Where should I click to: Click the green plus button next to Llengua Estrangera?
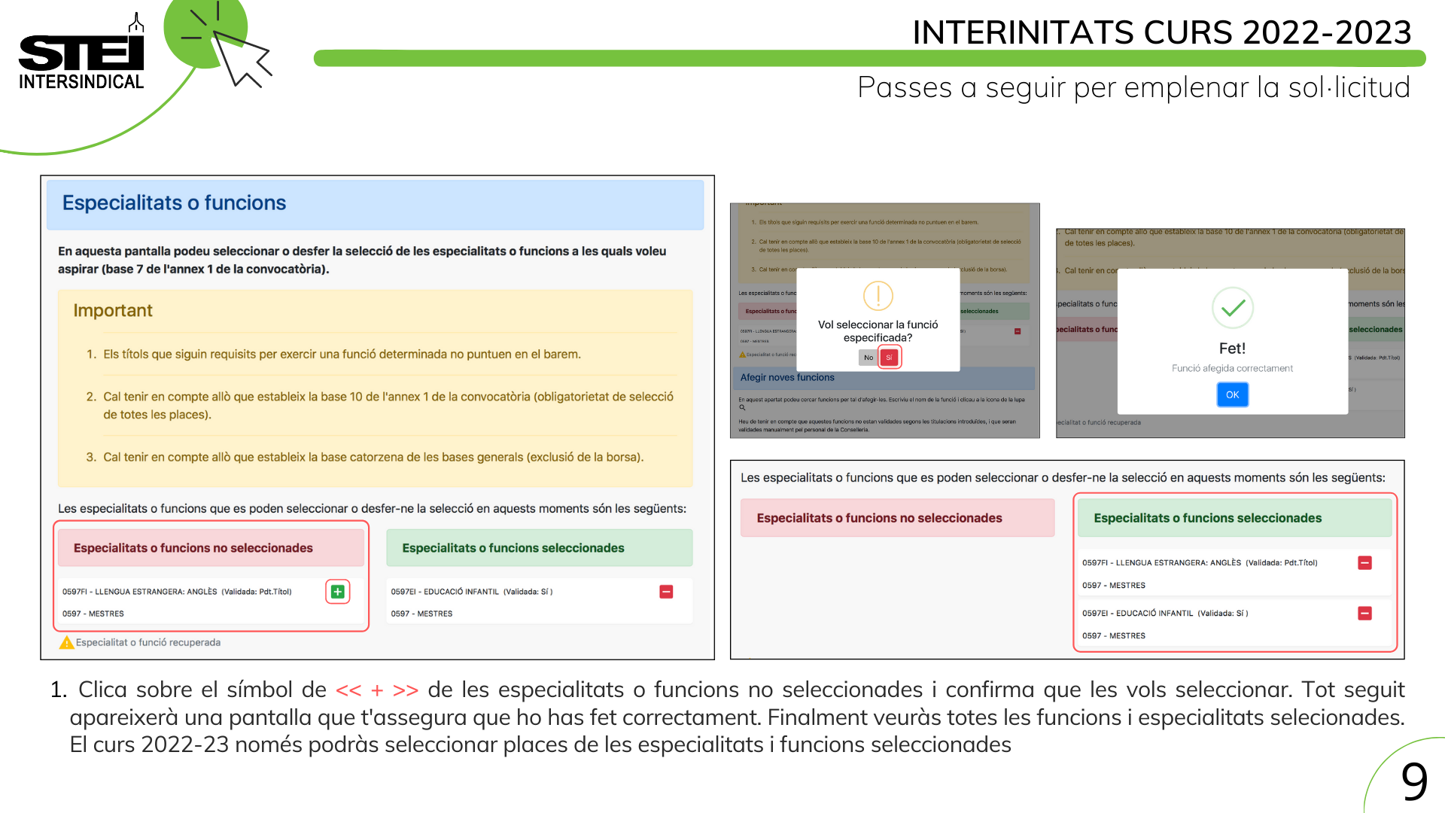pos(338,592)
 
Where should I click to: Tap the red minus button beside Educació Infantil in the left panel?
pos(666,592)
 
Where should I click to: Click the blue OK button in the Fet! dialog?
pos(1232,394)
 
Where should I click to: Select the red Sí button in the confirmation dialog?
pos(889,358)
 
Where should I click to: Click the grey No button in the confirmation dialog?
pos(869,358)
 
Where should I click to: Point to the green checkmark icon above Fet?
pos(1233,307)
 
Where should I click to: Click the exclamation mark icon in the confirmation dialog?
pos(878,296)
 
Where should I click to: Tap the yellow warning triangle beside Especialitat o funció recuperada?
pos(67,642)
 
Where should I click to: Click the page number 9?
pos(1414,781)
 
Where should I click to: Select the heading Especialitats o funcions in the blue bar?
pos(174,203)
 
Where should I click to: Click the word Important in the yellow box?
pos(113,311)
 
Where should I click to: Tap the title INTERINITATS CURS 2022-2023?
pos(1161,32)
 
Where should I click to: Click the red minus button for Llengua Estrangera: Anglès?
pos(1364,563)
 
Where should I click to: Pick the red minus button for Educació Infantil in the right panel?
pos(1364,614)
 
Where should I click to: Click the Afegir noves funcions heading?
pos(787,378)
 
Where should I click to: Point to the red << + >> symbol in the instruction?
pos(377,690)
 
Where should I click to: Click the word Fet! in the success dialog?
pos(1232,349)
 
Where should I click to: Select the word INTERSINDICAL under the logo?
pos(81,82)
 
